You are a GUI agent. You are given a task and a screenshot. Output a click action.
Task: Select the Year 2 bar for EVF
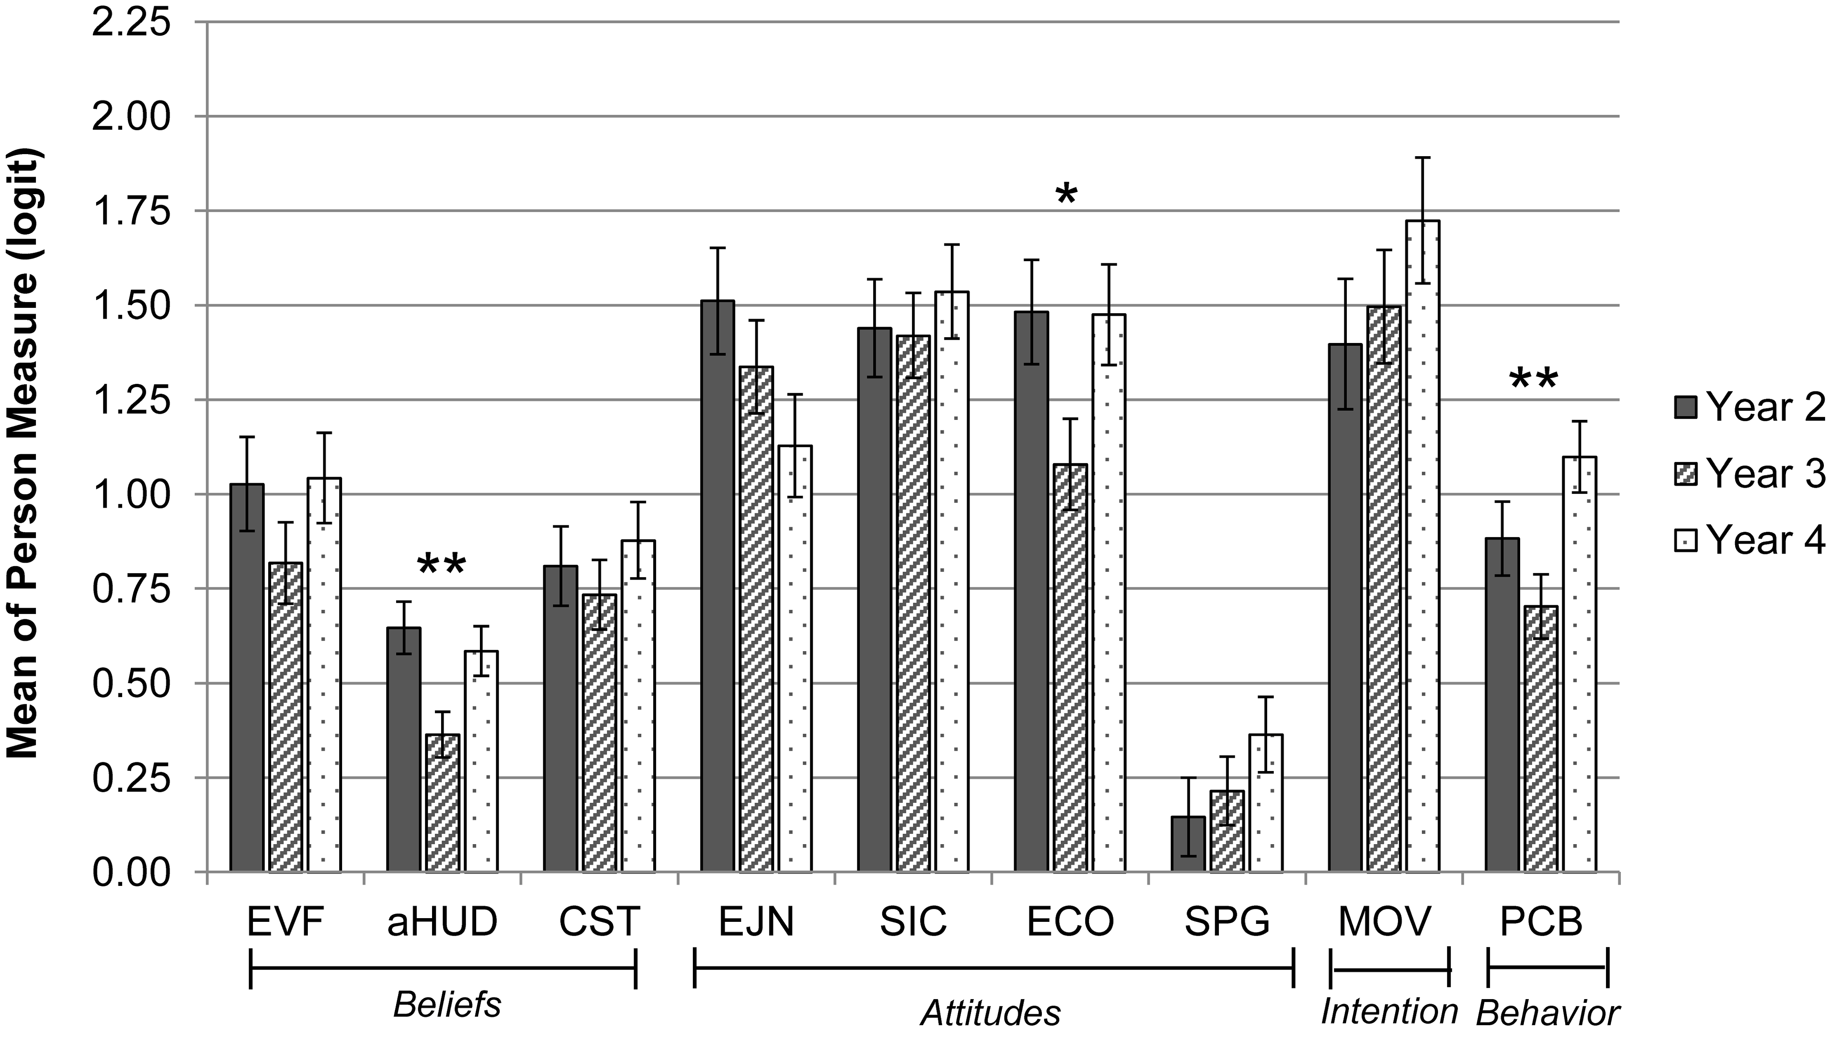point(247,678)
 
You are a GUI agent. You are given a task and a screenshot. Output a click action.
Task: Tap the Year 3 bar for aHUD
point(442,802)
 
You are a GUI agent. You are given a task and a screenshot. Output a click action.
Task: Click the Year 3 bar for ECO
point(1070,668)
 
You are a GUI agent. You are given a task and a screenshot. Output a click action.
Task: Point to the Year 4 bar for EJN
point(795,659)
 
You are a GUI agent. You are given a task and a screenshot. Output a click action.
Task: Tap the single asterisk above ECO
point(1066,195)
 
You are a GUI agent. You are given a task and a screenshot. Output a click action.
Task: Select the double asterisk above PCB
point(1534,381)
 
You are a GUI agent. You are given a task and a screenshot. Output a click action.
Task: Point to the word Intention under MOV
point(1389,1011)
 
